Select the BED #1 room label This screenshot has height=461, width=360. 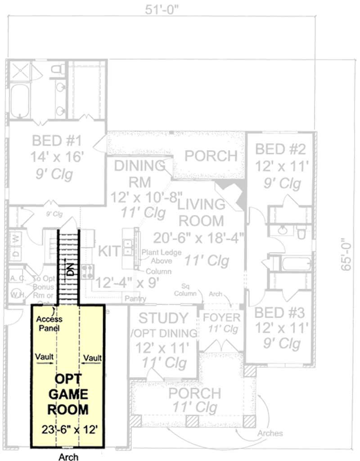pyautogui.click(x=57, y=141)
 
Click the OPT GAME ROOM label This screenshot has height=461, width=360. pyautogui.click(x=68, y=395)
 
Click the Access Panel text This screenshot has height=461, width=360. pyautogui.click(x=49, y=323)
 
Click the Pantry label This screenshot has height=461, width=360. pyautogui.click(x=135, y=298)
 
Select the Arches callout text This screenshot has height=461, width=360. pyautogui.click(x=271, y=433)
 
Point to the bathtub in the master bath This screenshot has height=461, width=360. pyautogui.click(x=20, y=102)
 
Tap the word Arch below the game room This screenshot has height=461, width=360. pyautogui.click(x=68, y=457)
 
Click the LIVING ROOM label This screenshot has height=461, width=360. pyautogui.click(x=201, y=212)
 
